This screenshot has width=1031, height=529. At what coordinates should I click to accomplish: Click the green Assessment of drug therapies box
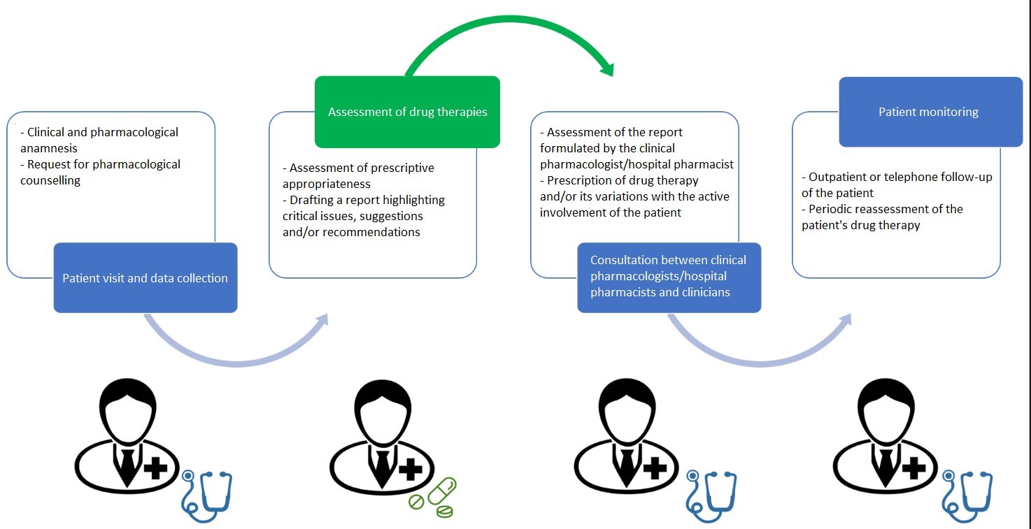407,112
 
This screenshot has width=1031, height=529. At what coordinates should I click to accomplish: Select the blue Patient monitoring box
931,112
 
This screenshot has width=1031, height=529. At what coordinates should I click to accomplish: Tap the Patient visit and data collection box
145,278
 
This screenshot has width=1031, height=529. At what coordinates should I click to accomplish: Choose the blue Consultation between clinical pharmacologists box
669,278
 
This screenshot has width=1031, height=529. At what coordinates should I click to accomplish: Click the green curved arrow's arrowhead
608,69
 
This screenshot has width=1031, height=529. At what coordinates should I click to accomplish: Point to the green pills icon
433,498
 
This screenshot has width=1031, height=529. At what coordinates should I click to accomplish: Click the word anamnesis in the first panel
49,149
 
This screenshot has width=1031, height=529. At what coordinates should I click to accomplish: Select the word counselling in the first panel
50,181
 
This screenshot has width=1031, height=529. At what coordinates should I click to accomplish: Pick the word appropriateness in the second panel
327,184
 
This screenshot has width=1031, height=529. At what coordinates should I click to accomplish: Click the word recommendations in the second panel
371,232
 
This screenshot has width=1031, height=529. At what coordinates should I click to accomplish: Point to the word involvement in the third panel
570,212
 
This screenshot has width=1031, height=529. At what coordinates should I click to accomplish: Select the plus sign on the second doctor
410,469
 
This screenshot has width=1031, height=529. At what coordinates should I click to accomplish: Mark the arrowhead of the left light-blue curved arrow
322,321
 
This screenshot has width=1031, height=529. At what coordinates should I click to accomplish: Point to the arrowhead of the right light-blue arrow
846,321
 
